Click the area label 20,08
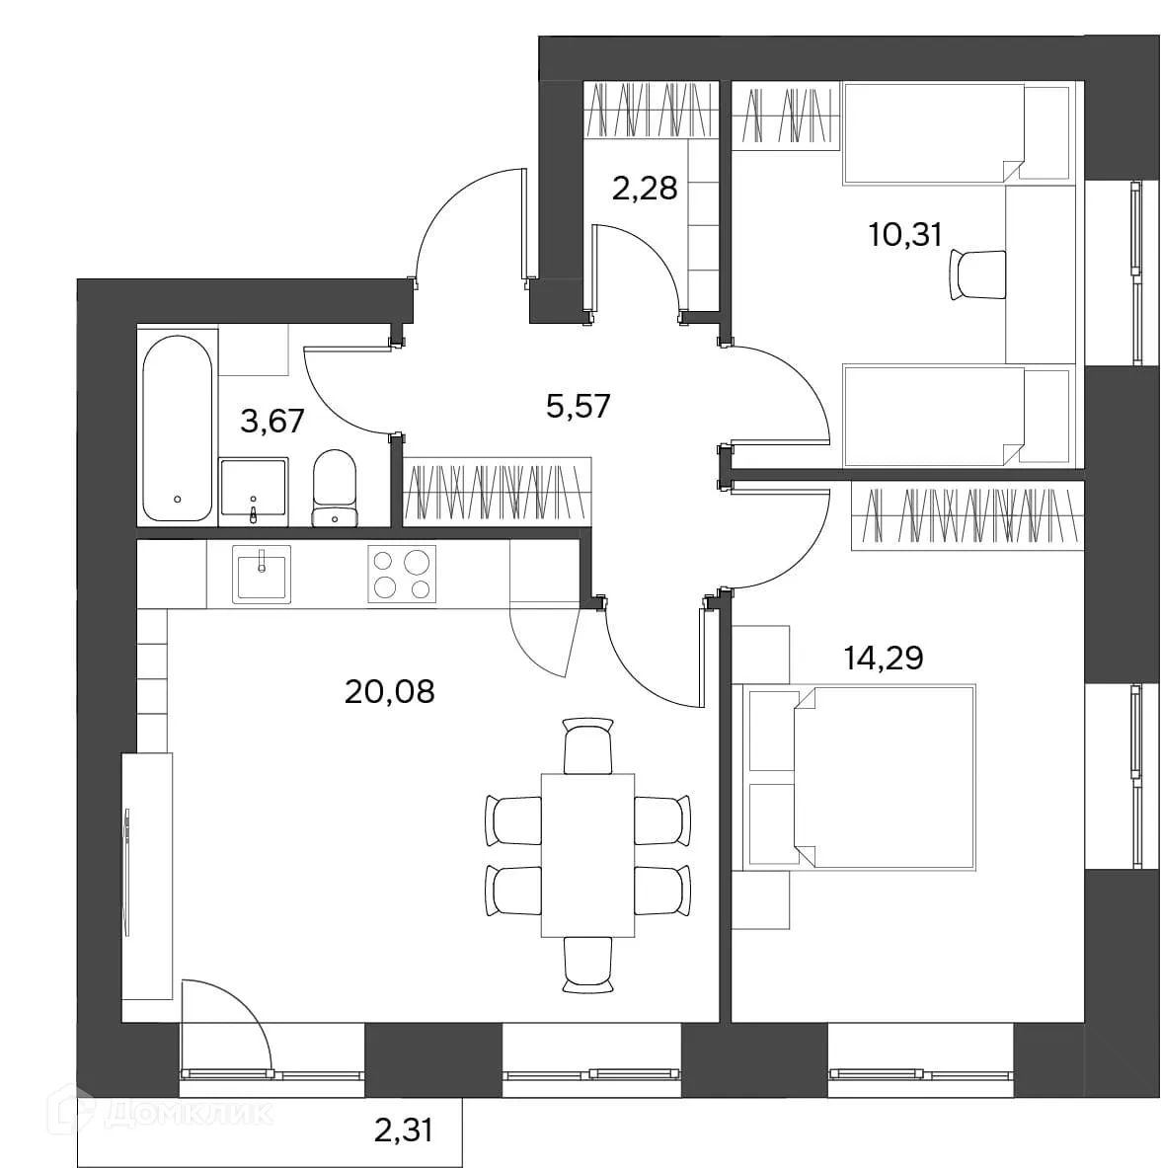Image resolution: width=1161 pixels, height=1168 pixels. point(390,692)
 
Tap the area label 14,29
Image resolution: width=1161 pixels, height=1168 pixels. point(884,658)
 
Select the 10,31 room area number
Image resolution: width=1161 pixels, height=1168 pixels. point(905,235)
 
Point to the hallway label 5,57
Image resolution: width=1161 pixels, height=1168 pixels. point(578,407)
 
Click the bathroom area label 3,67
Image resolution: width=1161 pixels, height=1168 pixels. point(272,422)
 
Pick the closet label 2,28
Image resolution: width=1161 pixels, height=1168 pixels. point(645,189)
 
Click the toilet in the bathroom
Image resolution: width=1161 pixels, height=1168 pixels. point(335,488)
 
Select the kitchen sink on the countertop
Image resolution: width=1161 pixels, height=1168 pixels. point(262,574)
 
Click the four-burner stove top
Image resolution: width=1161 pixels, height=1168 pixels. point(402,574)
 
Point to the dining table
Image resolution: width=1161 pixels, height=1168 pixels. point(587,855)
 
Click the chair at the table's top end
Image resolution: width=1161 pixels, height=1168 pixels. point(588,745)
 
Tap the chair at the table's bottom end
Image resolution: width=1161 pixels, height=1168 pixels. point(588,965)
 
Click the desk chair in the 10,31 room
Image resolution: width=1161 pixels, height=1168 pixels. point(977,274)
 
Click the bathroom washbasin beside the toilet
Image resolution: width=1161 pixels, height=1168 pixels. point(253,488)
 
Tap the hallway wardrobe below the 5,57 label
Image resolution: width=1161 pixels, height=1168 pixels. point(498,493)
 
